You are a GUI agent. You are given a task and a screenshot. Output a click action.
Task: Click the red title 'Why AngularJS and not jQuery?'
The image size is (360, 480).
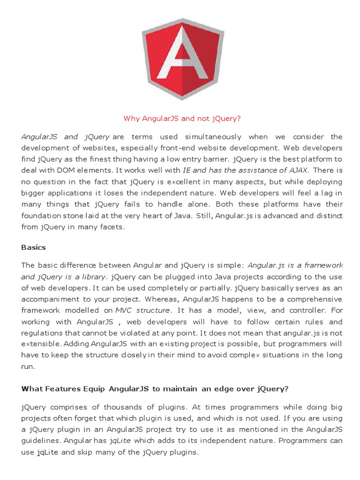pyautogui.click(x=182, y=119)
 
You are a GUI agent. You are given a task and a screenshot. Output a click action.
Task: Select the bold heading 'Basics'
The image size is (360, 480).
pyautogui.click(x=34, y=247)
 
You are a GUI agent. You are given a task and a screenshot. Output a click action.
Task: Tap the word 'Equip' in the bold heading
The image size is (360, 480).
pyautogui.click(x=93, y=388)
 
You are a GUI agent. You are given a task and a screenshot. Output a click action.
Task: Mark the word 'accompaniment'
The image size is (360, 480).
pyautogui.click(x=51, y=299)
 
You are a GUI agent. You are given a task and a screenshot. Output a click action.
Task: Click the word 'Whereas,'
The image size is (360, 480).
pyautogui.click(x=162, y=299)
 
